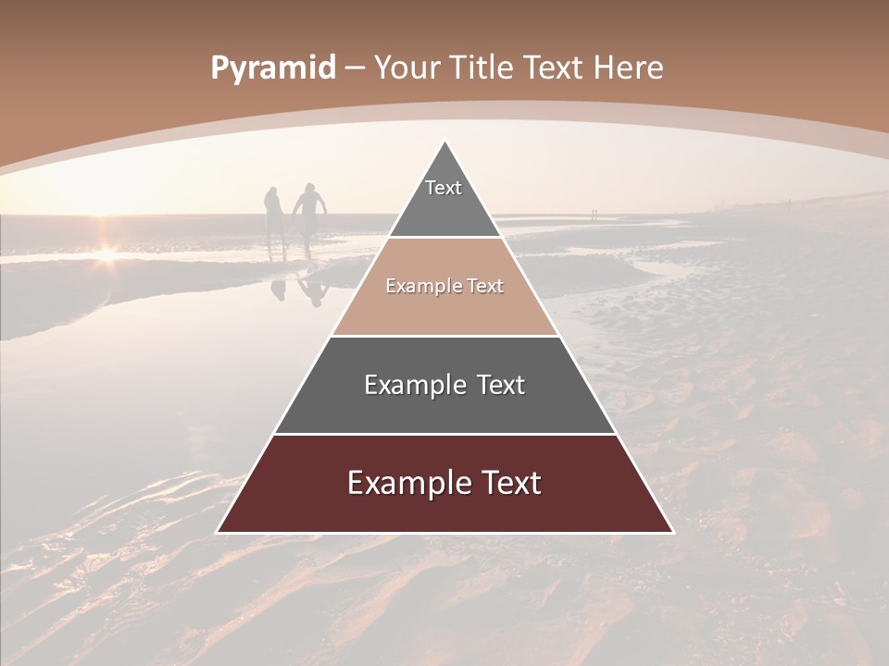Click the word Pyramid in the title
(273, 68)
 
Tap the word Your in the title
(408, 68)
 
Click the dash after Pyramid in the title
(355, 68)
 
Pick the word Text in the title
(554, 68)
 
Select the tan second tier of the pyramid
(444, 301)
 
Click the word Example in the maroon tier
(401, 483)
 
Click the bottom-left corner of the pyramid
(218, 532)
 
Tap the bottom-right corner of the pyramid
(672, 532)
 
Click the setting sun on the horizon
(106, 252)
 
